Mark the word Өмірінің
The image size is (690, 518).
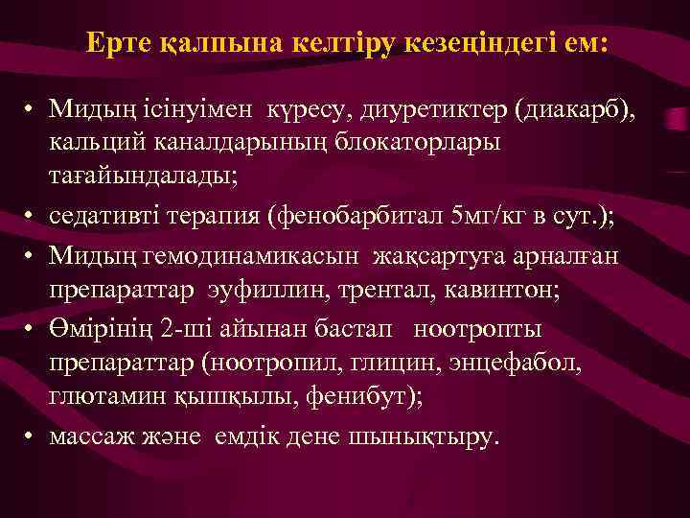tap(103, 330)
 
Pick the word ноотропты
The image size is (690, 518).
tap(478, 330)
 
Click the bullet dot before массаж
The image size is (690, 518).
tap(32, 436)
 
